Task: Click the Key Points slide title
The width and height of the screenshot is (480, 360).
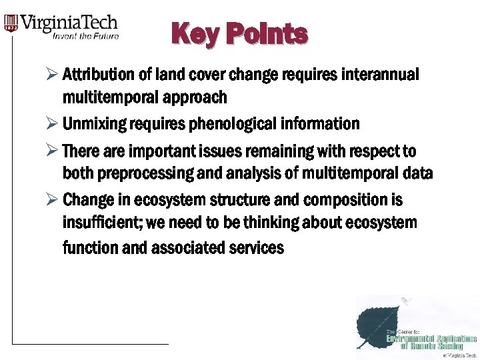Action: click(x=239, y=34)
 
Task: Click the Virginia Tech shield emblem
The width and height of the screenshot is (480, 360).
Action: click(x=11, y=24)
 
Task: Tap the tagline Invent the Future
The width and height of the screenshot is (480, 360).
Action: click(x=86, y=36)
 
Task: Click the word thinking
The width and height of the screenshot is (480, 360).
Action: click(x=255, y=223)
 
